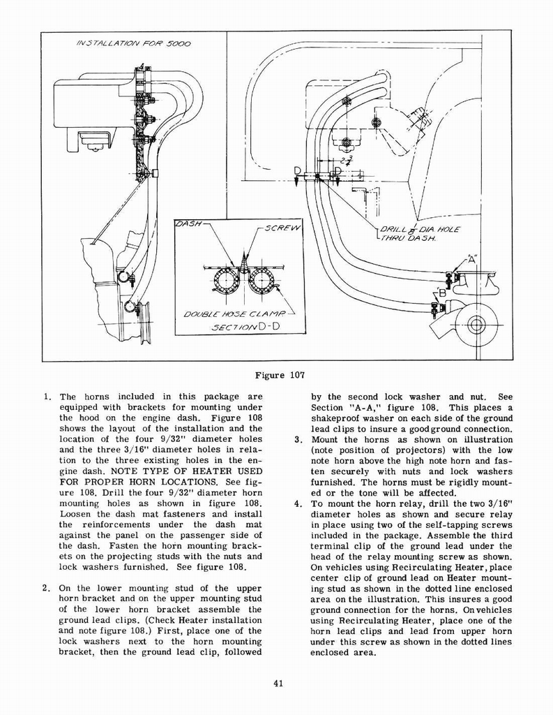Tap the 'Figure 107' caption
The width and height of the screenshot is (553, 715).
[x=277, y=375]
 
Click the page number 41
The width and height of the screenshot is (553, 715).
[x=278, y=683]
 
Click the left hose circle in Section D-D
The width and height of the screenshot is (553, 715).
[x=227, y=280]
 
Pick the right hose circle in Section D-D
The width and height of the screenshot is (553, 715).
[x=262, y=280]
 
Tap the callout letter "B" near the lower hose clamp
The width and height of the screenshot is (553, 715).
[x=441, y=293]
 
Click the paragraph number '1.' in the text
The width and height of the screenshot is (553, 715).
[x=46, y=397]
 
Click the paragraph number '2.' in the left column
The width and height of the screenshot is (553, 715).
[x=46, y=588]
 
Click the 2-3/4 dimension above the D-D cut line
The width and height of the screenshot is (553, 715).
[x=348, y=161]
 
